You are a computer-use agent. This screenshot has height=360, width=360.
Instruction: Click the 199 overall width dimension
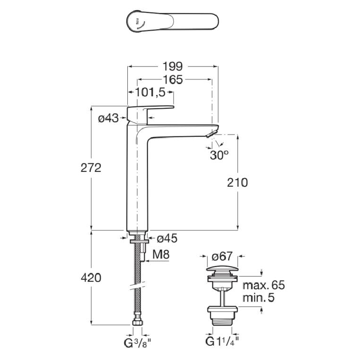click(x=172, y=67)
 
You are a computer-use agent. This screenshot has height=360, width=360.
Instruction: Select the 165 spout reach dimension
click(x=172, y=80)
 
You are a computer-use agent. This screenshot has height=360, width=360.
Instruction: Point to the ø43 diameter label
click(x=108, y=118)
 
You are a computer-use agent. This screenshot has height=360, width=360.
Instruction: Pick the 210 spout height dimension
click(x=238, y=182)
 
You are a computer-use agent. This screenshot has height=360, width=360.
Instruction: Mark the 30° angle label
click(x=219, y=155)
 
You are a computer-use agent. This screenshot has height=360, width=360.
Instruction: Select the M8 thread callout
click(x=161, y=255)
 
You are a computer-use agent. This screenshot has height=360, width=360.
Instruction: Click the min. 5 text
click(x=259, y=297)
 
